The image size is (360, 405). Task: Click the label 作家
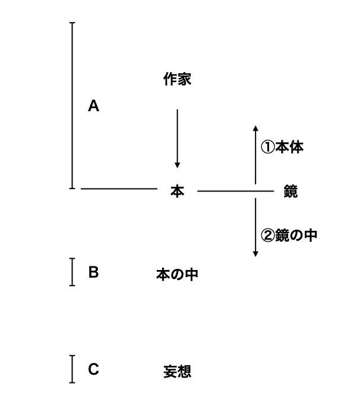point(177,79)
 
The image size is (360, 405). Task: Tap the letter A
point(93,106)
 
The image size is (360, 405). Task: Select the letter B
point(93,272)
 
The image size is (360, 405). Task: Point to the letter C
point(93,369)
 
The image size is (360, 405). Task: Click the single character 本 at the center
point(177,191)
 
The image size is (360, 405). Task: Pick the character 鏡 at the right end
point(290,191)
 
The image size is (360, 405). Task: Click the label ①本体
point(282,147)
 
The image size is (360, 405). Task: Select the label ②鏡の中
point(289,236)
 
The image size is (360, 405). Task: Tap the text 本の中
point(177,274)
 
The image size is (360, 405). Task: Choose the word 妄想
point(177,372)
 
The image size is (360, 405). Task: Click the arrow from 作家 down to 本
point(177,139)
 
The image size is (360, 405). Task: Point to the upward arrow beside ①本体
point(255,155)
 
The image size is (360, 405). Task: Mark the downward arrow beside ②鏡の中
point(255,228)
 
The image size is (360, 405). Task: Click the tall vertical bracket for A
point(72,106)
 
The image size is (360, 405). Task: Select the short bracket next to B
point(72,272)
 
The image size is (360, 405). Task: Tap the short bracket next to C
point(72,369)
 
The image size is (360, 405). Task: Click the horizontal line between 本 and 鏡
point(236,191)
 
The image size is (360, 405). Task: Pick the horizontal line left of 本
point(119,189)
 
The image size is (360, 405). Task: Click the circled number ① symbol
point(267,147)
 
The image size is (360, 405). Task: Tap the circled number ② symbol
point(267,236)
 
